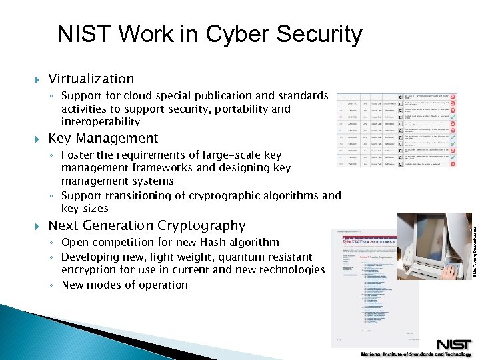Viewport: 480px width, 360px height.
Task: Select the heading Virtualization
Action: click(x=91, y=79)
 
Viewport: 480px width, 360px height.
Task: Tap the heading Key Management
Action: click(x=103, y=139)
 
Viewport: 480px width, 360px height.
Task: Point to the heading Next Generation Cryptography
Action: click(x=147, y=225)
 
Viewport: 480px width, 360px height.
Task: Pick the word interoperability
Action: click(x=101, y=122)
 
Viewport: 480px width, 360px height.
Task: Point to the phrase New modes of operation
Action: click(x=125, y=285)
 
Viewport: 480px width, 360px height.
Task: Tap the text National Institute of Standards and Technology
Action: click(x=416, y=354)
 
